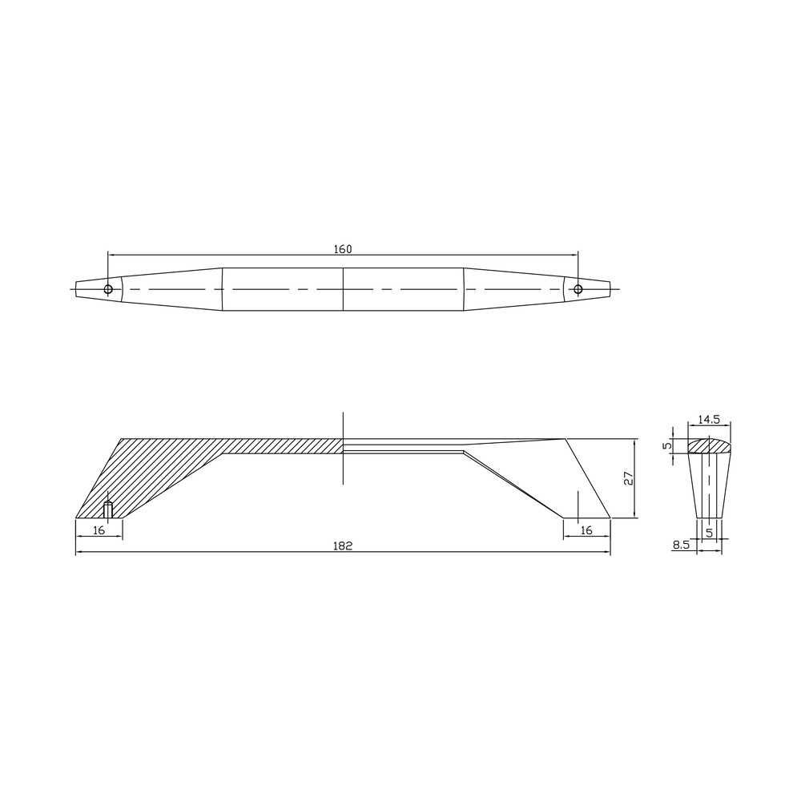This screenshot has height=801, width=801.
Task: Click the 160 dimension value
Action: coord(343,249)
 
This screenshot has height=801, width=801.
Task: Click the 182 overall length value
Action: coord(343,546)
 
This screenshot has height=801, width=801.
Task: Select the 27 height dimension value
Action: coord(629,478)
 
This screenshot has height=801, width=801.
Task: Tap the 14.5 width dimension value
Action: coord(709,420)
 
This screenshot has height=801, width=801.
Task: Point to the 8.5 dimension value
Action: coord(681,545)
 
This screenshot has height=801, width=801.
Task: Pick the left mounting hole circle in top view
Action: coord(108,290)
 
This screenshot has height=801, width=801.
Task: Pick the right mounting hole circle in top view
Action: coord(578,290)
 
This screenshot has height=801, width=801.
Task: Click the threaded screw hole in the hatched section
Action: coord(108,510)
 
